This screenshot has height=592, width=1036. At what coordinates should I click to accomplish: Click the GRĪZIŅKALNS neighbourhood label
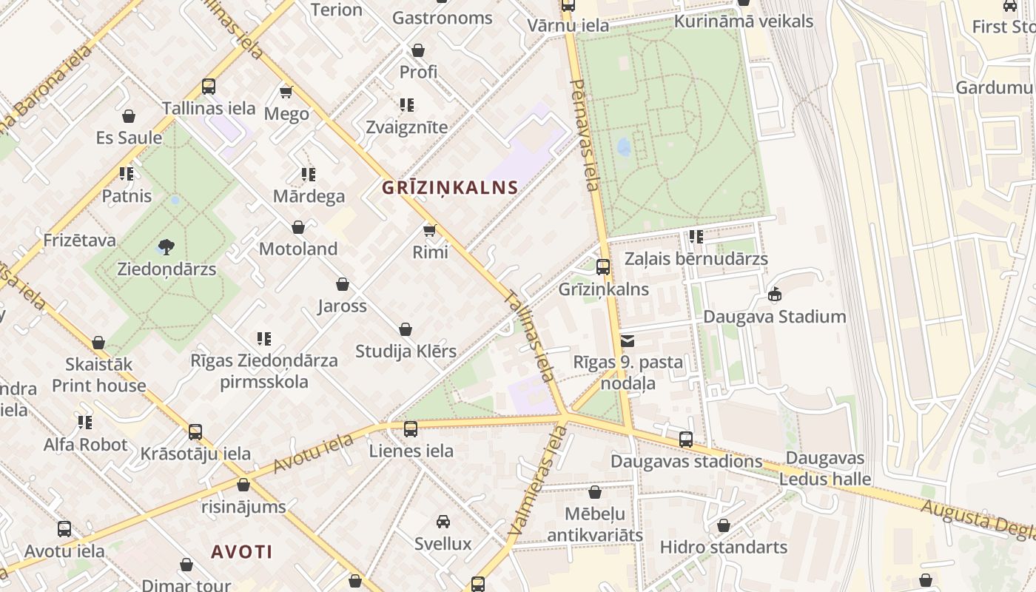(449, 188)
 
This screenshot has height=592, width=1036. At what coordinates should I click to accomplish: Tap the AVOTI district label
(242, 552)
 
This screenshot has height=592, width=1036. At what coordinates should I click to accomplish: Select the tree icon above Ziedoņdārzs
(166, 246)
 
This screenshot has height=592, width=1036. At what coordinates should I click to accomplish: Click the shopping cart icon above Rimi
(429, 230)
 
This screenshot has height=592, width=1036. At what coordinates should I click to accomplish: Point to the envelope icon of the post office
(628, 341)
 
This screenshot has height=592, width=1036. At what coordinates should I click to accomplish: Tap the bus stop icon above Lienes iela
(411, 428)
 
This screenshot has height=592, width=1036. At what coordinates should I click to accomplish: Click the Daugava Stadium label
(774, 317)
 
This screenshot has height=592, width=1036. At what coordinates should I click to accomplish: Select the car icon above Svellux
(443, 522)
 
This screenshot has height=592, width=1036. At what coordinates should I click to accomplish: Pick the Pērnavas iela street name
(585, 134)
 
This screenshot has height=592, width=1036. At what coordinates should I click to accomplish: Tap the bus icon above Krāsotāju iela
(195, 431)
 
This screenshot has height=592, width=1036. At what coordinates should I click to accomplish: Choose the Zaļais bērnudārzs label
(696, 259)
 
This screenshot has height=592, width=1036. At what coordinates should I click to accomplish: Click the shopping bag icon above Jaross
(343, 284)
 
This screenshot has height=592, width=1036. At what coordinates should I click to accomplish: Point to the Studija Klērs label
(406, 351)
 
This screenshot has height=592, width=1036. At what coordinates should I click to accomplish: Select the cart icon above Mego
(286, 92)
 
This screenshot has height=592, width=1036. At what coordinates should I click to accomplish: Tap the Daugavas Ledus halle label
(825, 468)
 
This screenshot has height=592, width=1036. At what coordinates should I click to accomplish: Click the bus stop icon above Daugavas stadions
(686, 440)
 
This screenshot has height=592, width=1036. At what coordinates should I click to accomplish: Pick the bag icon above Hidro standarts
(724, 525)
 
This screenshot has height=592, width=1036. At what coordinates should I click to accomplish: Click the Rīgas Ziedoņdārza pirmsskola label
(264, 371)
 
